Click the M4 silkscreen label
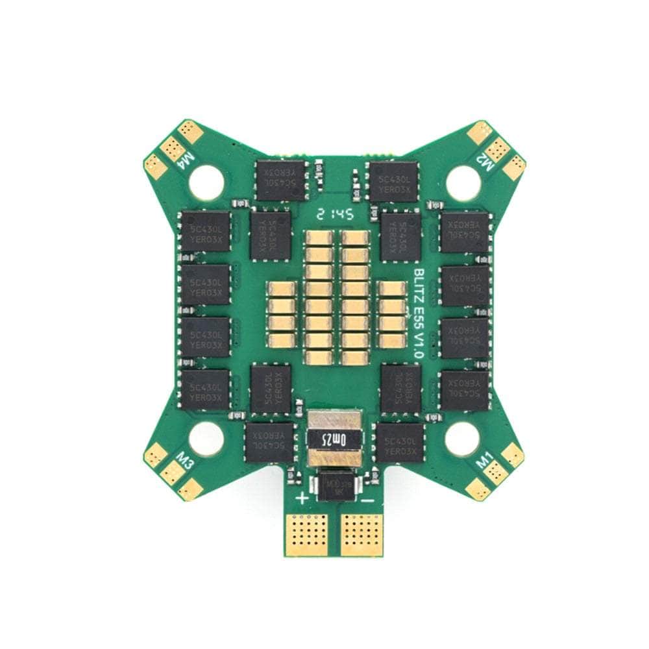tap(186, 158)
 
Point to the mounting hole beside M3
tap(206, 439)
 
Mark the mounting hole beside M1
tap(462, 439)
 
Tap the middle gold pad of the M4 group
tap(171, 149)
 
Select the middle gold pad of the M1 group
tap(496, 473)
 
